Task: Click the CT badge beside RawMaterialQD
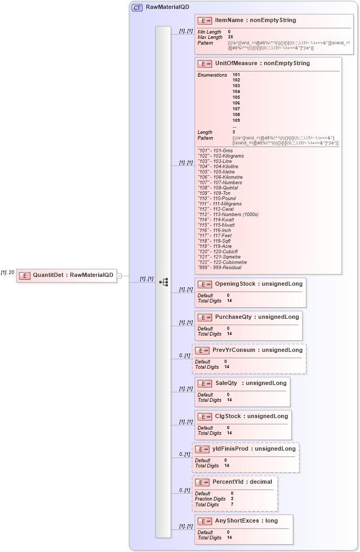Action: (137, 7)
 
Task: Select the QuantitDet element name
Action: (73, 275)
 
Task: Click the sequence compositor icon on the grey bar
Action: (163, 282)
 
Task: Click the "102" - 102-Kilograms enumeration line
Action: (220, 156)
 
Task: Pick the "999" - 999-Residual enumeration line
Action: (219, 267)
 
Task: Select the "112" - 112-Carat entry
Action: (216, 209)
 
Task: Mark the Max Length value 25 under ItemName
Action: (230, 37)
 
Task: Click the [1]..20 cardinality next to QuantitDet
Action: (7, 272)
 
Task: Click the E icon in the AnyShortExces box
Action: (205, 521)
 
